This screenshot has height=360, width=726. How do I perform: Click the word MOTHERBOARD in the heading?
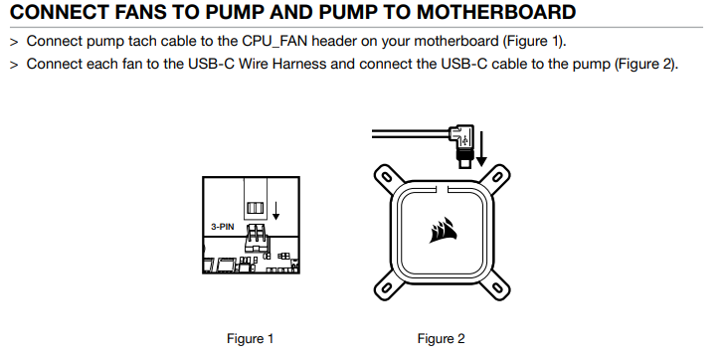(x=496, y=12)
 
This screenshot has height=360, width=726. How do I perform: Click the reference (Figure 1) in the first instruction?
(x=534, y=41)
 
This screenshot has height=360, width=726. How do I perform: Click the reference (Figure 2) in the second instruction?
(x=645, y=64)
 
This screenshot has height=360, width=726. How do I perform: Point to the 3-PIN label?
(x=223, y=227)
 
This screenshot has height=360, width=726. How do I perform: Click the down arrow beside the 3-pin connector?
(x=275, y=211)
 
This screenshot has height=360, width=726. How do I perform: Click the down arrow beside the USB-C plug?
(x=481, y=148)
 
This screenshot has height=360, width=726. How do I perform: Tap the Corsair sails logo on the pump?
(x=443, y=230)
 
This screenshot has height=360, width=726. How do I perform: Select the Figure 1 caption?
(x=250, y=339)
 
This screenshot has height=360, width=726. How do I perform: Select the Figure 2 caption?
(x=441, y=339)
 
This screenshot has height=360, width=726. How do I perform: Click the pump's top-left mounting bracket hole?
(x=387, y=177)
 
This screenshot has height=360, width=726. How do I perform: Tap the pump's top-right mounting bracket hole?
(x=497, y=177)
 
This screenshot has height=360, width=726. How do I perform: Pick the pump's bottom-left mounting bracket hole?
(x=387, y=287)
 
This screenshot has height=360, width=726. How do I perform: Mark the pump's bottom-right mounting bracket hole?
(x=497, y=287)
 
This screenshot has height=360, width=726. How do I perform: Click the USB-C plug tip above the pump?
(x=463, y=163)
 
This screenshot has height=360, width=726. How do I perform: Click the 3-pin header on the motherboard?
(x=256, y=234)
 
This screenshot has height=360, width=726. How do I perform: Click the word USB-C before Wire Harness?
(x=211, y=64)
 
